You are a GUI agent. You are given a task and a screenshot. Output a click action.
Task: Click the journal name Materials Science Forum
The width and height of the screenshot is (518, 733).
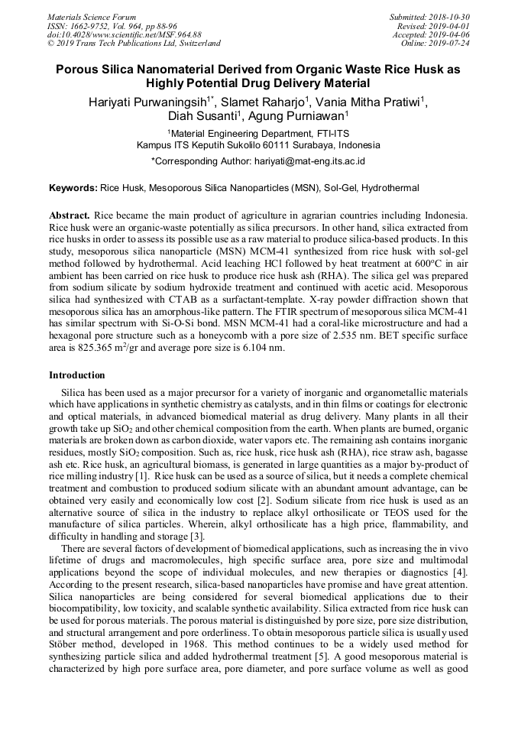coord(92,17)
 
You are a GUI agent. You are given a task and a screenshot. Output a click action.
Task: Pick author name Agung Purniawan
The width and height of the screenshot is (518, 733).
coord(298,117)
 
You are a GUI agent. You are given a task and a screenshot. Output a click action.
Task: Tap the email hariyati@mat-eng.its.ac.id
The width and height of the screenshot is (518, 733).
coord(309,161)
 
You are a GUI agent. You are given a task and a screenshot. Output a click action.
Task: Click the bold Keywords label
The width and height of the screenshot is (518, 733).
coord(73,187)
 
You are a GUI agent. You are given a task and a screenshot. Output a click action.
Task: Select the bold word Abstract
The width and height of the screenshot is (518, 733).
coord(70,216)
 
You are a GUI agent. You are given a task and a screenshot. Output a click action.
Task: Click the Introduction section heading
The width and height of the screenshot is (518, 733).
coord(77,375)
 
